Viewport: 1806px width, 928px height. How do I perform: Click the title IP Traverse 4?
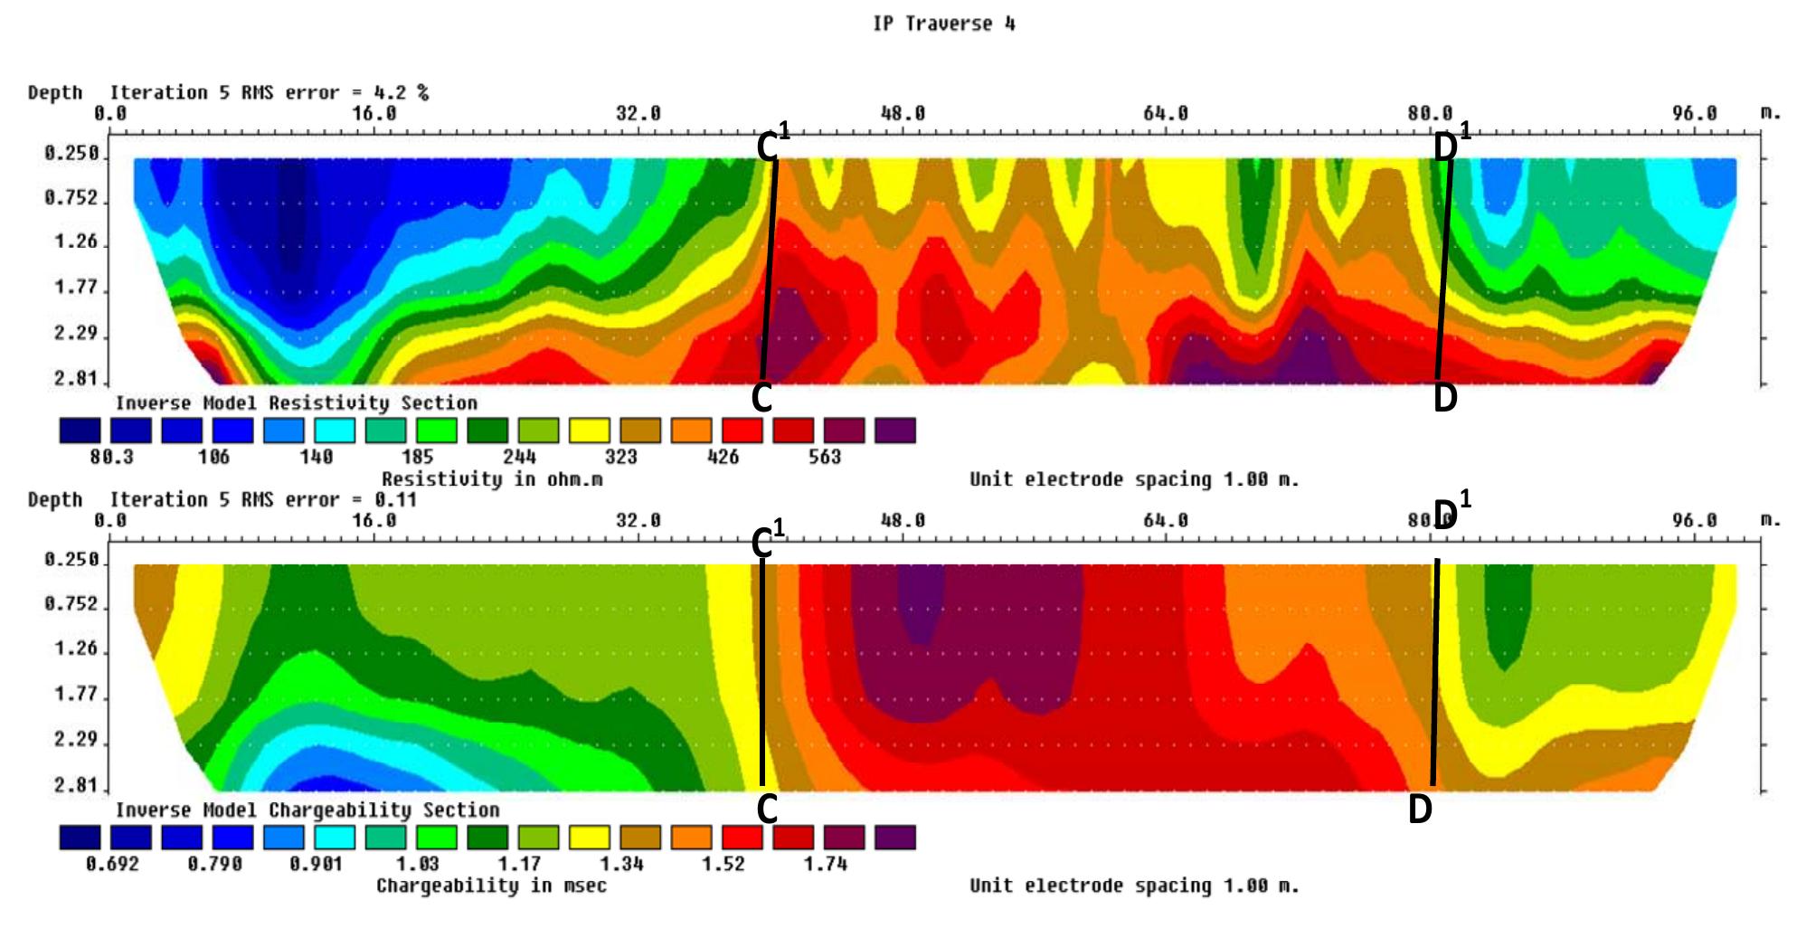click(x=943, y=24)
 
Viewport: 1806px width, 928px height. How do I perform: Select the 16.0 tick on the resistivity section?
click(x=374, y=114)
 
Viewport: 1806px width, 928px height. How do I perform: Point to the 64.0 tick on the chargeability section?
click(x=1165, y=521)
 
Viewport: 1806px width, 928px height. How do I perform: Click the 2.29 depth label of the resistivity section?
click(x=76, y=333)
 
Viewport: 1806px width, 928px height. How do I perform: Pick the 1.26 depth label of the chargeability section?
click(x=76, y=649)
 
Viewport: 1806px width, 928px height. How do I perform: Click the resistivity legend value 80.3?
click(x=111, y=457)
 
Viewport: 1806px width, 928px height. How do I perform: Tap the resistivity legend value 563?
click(x=824, y=457)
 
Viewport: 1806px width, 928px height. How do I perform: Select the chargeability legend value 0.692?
click(x=112, y=864)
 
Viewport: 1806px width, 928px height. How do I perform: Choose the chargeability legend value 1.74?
click(x=825, y=864)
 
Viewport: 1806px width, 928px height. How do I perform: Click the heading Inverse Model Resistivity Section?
click(x=296, y=403)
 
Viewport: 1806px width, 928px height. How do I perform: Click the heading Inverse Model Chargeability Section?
click(x=307, y=810)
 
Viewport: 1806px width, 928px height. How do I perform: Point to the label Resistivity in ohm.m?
click(x=491, y=479)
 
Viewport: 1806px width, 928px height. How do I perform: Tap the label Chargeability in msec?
click(x=491, y=885)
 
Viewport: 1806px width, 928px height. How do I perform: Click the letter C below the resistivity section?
click(x=761, y=398)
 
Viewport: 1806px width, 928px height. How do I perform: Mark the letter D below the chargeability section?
click(x=1420, y=810)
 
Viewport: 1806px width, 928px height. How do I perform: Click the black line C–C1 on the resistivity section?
click(x=770, y=271)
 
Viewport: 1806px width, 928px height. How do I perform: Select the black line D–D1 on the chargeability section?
click(x=1435, y=674)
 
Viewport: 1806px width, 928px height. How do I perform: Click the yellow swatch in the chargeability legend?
click(x=588, y=838)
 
